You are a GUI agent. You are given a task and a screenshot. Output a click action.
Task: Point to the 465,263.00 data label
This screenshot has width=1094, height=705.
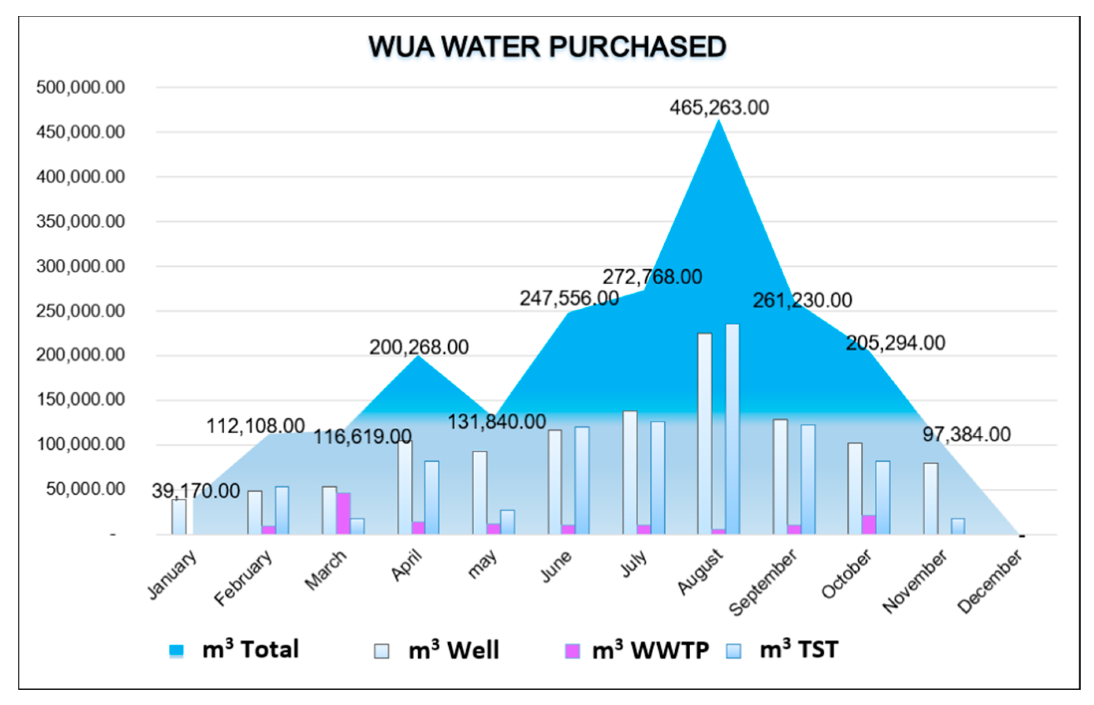click(719, 108)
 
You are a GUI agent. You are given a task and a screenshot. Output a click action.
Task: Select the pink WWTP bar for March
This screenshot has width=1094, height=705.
click(343, 513)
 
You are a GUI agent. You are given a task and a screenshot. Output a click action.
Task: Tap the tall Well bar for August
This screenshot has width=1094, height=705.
click(704, 433)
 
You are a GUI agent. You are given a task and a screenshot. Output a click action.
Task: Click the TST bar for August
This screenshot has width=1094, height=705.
click(732, 429)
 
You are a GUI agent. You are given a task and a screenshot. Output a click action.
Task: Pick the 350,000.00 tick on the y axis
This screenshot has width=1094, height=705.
click(80, 222)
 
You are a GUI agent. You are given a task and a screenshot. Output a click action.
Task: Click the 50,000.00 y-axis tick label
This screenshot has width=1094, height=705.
click(85, 489)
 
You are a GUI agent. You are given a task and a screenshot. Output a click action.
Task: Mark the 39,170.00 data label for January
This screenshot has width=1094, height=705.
click(196, 491)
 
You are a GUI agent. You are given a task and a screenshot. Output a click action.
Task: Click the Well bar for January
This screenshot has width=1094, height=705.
click(179, 517)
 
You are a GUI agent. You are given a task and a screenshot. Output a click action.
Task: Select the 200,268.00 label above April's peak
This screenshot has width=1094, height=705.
click(418, 347)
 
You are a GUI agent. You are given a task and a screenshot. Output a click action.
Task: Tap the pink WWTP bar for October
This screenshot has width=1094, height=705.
click(868, 525)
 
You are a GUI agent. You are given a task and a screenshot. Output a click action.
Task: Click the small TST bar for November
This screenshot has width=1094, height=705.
click(957, 526)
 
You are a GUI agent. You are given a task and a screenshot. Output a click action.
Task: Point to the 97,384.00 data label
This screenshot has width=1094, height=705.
click(966, 435)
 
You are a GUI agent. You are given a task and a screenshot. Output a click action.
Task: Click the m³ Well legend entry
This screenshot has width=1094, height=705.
click(437, 650)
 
